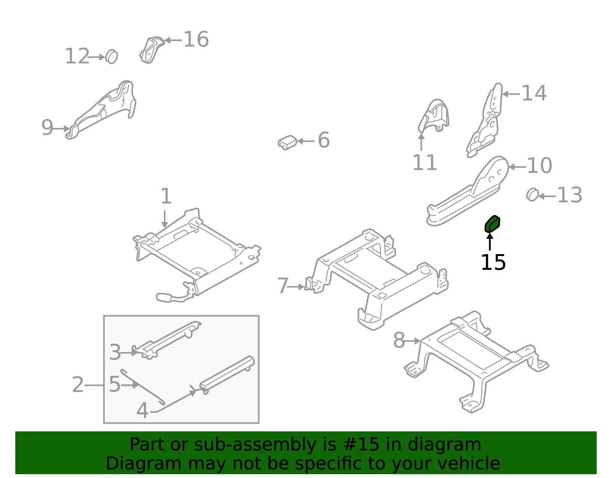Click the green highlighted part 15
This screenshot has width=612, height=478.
pyautogui.click(x=492, y=224)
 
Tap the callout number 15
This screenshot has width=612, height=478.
pyautogui.click(x=493, y=262)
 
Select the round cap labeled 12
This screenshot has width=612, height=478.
pyautogui.click(x=112, y=57)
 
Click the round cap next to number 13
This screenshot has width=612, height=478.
pyautogui.click(x=532, y=195)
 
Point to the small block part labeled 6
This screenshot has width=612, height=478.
pyautogui.click(x=287, y=142)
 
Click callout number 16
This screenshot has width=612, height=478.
pyautogui.click(x=196, y=39)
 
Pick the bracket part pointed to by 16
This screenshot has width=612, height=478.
pyautogui.click(x=152, y=50)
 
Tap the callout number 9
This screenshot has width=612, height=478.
pyautogui.click(x=47, y=127)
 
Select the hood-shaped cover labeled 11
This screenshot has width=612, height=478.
pyautogui.click(x=433, y=116)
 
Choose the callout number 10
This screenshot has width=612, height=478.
pyautogui.click(x=539, y=165)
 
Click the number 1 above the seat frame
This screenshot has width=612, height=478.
pyautogui.click(x=166, y=196)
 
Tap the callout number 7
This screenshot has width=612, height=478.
pyautogui.click(x=283, y=285)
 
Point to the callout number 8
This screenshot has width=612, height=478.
pyautogui.click(x=399, y=340)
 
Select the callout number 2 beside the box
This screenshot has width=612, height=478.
pyautogui.click(x=78, y=384)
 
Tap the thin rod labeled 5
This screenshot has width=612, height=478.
pyautogui.click(x=143, y=387)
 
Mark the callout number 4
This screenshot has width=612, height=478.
pyautogui.click(x=142, y=410)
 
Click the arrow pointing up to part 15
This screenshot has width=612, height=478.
pyautogui.click(x=490, y=241)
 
